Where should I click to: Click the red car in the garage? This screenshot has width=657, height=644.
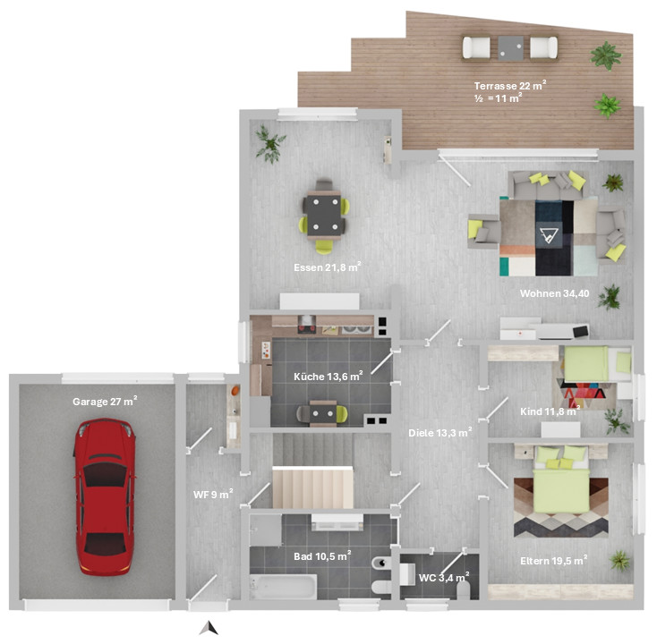(x=105, y=496)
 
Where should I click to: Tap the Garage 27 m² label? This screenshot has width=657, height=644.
(x=105, y=401)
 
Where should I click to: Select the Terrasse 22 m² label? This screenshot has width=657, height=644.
(x=510, y=86)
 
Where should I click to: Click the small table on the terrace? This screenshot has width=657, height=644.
(x=511, y=47)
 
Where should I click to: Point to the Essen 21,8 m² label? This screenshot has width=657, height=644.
(x=328, y=267)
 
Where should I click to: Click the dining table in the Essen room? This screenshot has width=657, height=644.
(x=324, y=215)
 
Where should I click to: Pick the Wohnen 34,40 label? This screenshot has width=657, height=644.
(x=554, y=293)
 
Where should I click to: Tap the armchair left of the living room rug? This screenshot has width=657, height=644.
(x=484, y=231)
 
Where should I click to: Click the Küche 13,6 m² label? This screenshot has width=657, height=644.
(x=328, y=376)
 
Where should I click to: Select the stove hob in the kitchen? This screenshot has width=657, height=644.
(x=307, y=325)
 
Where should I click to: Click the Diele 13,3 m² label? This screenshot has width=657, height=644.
(x=440, y=432)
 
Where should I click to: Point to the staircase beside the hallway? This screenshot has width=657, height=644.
(x=313, y=487)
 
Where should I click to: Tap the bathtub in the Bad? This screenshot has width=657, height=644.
(x=283, y=587)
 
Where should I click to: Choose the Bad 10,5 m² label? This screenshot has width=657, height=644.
(x=322, y=555)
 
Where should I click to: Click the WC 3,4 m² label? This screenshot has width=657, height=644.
(x=444, y=578)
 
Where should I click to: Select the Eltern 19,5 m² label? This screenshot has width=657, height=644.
(x=553, y=560)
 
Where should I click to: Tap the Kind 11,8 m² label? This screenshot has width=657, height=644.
(x=550, y=411)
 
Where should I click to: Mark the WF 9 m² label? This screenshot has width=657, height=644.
(x=213, y=494)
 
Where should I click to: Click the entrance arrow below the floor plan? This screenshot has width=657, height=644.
(x=209, y=628)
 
